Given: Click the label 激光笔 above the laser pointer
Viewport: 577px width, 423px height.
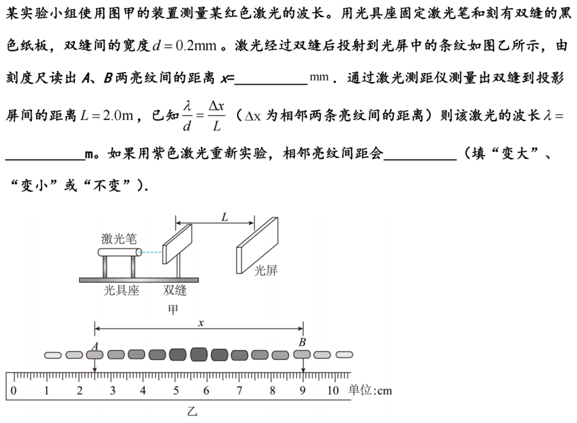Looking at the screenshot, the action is click(119, 239).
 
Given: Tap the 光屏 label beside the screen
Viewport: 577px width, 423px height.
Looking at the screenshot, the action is click(266, 271).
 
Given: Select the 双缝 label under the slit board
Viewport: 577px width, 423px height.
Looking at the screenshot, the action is click(175, 290).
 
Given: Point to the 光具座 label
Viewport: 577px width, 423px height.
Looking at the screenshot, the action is click(121, 290).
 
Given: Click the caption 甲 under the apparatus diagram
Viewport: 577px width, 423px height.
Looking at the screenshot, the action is click(173, 309).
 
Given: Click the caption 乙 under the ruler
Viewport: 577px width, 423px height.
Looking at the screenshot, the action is click(192, 411).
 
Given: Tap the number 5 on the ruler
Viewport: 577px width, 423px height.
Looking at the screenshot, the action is click(176, 391).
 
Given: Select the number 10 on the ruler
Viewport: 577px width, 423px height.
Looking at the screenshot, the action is click(333, 391).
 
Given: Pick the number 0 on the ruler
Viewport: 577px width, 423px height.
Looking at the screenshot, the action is click(13, 391).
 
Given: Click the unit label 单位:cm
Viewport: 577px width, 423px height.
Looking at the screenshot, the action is click(370, 390).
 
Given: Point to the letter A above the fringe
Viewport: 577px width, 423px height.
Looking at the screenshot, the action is click(95, 346).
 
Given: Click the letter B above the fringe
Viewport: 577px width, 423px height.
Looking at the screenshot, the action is click(302, 342).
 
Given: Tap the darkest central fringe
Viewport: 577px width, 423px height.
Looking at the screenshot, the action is click(198, 354).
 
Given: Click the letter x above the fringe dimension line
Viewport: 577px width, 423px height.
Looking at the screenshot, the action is click(200, 323).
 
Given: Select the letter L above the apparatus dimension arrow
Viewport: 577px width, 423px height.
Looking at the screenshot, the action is click(224, 217).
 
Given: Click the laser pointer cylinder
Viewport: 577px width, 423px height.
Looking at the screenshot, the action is click(119, 252).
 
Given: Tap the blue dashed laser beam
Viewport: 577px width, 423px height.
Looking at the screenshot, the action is click(152, 252).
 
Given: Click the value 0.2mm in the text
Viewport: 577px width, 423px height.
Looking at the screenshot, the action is click(196, 46).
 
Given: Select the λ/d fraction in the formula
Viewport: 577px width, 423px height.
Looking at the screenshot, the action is click(187, 116).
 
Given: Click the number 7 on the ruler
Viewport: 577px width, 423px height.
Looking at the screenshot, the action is click(239, 391).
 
